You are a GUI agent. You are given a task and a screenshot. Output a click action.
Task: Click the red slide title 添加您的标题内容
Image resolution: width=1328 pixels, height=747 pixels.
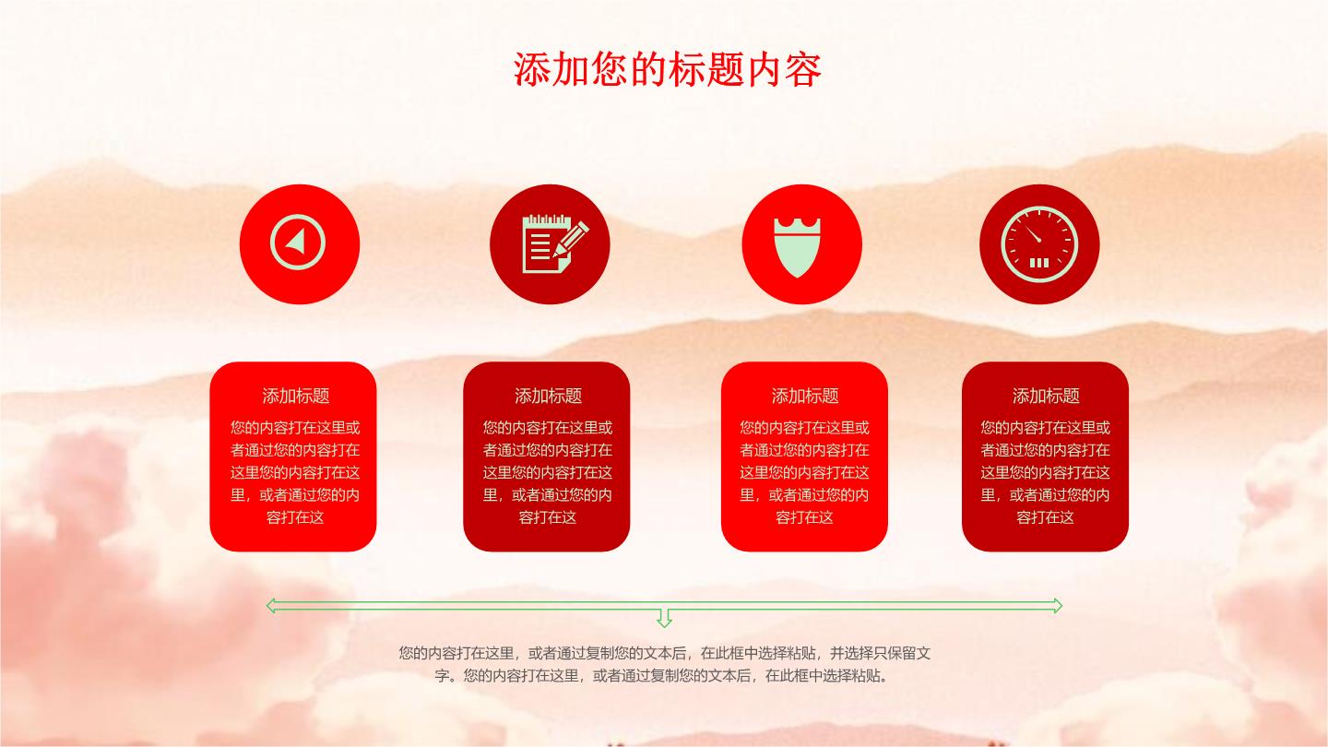pos(667,69)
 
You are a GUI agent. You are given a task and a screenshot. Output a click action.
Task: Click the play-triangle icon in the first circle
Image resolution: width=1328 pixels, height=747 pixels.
pos(297,242)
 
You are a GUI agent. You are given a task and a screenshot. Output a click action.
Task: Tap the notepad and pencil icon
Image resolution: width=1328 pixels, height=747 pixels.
pos(555,243)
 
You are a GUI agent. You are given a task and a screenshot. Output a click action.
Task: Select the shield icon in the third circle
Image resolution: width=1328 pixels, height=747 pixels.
pos(798,246)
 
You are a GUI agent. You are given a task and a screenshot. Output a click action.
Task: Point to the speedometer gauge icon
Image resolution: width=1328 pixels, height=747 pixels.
pos(1039,243)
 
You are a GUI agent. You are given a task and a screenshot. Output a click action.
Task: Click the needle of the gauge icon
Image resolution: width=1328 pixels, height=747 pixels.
pos(1033,233)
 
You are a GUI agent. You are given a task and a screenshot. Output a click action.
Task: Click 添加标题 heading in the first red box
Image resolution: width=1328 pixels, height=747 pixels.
pos(296,396)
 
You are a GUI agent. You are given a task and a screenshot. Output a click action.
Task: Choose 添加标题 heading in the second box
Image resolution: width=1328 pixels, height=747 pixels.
pos(548,396)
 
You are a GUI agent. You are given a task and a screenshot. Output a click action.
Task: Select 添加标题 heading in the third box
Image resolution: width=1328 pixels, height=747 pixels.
pos(804,396)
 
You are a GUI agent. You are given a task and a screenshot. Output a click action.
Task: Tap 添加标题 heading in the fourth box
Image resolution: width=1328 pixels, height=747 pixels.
pos(1045,396)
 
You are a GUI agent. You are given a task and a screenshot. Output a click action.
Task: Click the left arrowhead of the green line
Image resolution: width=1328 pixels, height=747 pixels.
pos(272,605)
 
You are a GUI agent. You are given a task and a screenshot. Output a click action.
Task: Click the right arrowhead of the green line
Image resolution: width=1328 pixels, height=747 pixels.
pos(1056,605)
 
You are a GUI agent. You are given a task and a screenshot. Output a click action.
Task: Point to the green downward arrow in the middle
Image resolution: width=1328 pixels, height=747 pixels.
pos(664,618)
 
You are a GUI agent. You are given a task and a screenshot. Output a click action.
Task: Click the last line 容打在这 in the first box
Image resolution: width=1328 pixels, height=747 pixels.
pos(295,517)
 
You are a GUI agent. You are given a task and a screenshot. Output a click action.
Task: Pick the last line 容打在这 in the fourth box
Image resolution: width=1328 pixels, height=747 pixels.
pos(1045,517)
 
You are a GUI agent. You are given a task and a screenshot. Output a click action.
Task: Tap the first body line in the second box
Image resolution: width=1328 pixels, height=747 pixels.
pos(547,428)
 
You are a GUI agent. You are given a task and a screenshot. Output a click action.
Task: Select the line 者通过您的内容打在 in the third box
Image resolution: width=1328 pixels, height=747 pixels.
pos(804,450)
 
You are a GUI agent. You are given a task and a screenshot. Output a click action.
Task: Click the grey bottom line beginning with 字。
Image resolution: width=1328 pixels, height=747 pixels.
pos(663,676)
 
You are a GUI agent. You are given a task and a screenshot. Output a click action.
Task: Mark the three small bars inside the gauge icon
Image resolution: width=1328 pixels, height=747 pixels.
pos(1038,263)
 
